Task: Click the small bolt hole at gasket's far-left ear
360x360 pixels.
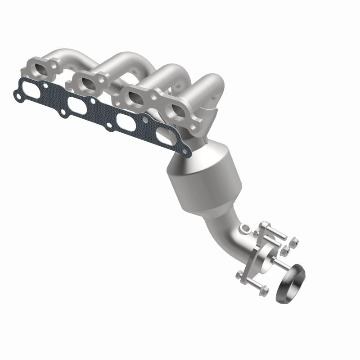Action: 17,96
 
